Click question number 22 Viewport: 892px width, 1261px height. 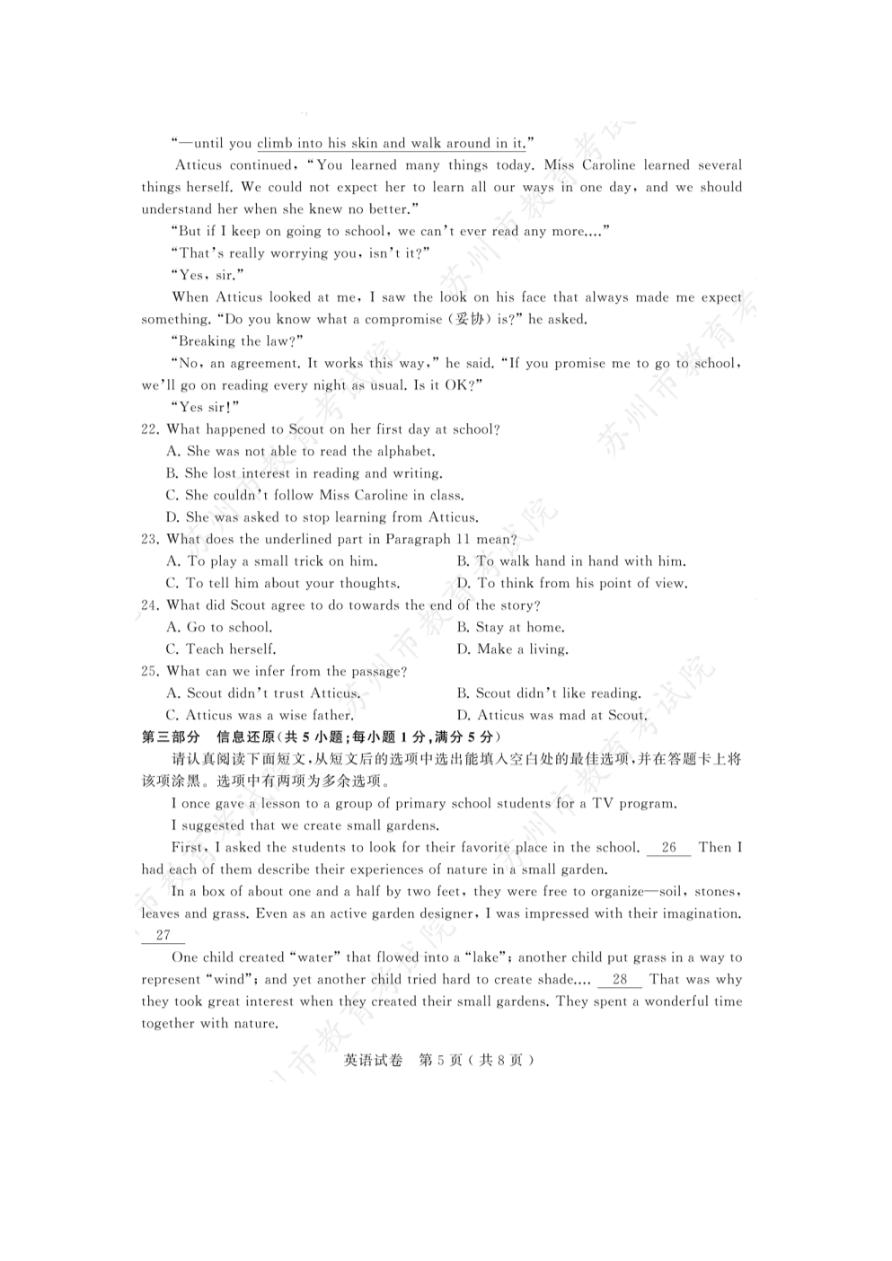149,429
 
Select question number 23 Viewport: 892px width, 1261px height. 149,540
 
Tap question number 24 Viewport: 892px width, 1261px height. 149,605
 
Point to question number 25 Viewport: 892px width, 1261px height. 149,672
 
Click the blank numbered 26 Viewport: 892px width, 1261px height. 668,848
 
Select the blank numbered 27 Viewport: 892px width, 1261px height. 163,935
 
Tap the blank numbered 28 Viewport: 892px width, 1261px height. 619,980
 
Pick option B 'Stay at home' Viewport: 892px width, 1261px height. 510,628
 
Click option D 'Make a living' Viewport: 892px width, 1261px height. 512,649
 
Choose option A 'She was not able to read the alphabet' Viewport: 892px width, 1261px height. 301,452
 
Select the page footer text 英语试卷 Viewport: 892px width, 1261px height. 373,1060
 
